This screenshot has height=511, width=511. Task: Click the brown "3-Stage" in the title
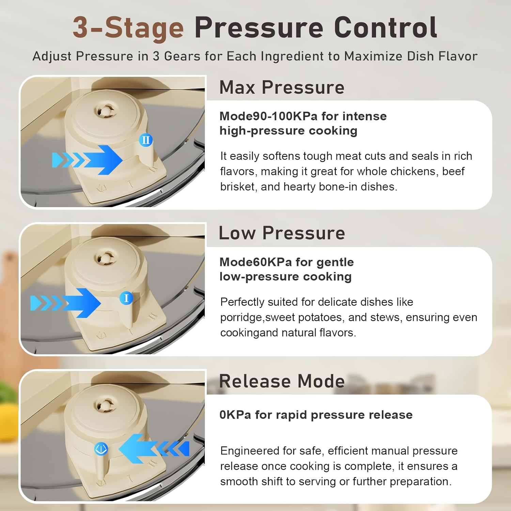pos(128,28)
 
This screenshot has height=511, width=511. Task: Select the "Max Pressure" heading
pos(282,88)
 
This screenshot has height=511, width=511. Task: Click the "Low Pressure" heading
pos(282,233)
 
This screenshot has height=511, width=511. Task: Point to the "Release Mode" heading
pos(282,381)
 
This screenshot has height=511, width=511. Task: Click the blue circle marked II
pos(146,140)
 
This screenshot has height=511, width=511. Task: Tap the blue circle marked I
pos(126,298)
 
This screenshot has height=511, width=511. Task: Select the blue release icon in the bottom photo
pos(101,449)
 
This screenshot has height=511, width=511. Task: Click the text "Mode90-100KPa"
pos(268,116)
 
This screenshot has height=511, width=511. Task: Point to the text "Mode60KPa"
pos(255,262)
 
